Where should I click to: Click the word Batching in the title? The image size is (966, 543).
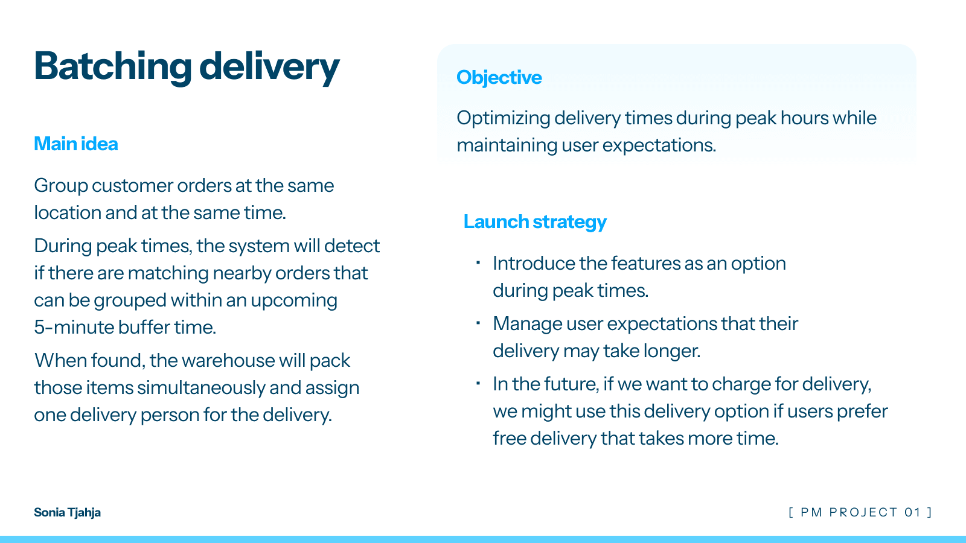(x=112, y=66)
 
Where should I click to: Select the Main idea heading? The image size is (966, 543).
(x=76, y=144)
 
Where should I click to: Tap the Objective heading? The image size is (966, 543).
(x=499, y=78)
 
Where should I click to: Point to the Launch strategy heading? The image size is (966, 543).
(x=535, y=222)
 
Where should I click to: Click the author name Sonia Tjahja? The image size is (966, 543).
(x=67, y=512)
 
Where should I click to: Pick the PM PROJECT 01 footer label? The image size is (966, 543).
(x=860, y=512)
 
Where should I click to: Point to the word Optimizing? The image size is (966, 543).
(x=503, y=118)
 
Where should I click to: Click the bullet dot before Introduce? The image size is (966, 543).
(x=478, y=262)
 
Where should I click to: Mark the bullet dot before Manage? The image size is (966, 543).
(x=478, y=323)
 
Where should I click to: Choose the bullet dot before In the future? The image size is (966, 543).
(x=478, y=383)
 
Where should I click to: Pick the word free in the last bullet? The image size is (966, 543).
(x=509, y=438)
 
